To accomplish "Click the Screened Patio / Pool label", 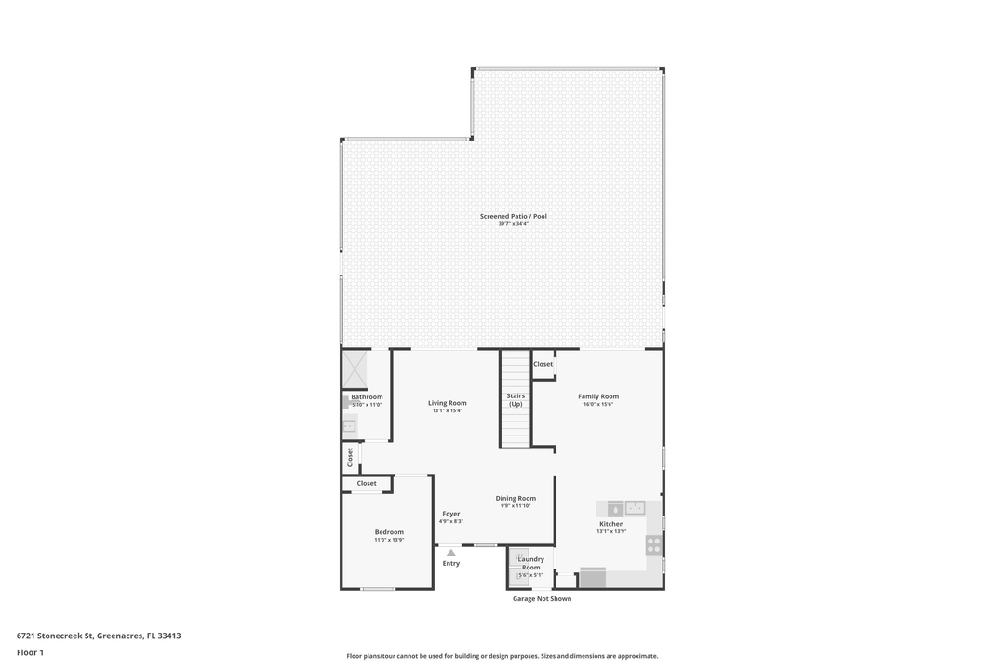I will click(x=514, y=216).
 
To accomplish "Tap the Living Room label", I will click(x=448, y=403).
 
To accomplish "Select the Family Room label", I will click(x=598, y=396).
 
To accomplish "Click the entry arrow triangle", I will click(x=451, y=553).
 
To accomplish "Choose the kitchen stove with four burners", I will click(x=654, y=543).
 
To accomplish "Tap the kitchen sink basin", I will click(x=635, y=507).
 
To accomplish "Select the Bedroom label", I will click(x=389, y=532).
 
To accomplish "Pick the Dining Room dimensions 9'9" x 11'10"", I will click(x=516, y=506).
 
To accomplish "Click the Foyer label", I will click(x=451, y=514).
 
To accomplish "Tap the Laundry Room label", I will click(x=530, y=563).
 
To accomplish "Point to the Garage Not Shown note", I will click(x=543, y=599).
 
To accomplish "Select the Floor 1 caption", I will click(x=31, y=652).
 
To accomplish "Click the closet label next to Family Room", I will click(x=543, y=364).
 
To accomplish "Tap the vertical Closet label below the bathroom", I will click(x=350, y=457).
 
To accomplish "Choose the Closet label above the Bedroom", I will click(x=367, y=483).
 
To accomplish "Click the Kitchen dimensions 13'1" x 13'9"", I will click(x=611, y=531).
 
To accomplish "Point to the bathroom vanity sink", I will click(x=349, y=426).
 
